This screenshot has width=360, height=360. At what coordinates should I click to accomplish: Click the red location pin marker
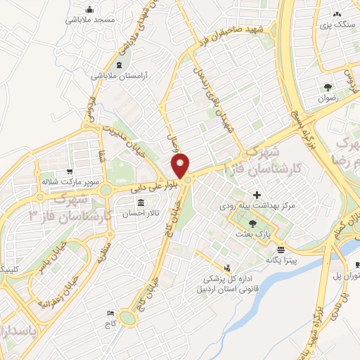point(181,166)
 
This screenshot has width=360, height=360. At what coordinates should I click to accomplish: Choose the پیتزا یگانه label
point(281,259)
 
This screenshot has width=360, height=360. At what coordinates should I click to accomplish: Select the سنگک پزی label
point(337,25)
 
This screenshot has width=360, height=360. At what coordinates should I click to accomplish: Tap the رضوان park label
point(328,98)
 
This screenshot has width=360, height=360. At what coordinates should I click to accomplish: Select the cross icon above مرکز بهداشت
point(257,195)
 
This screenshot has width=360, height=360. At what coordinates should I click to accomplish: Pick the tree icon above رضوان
point(328,87)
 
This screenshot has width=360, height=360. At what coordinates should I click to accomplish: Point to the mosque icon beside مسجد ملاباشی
point(89,10)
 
